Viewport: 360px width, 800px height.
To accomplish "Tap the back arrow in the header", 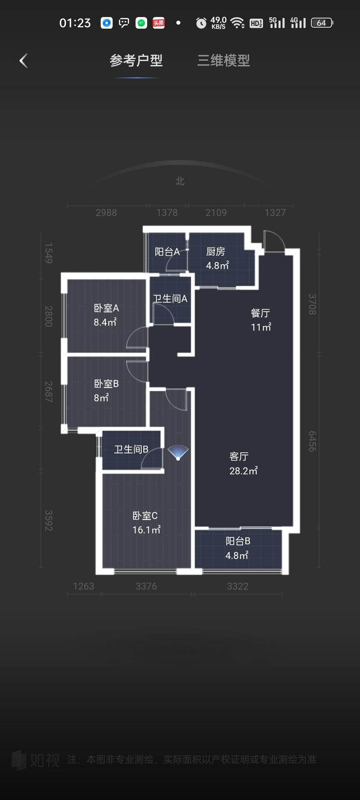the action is tap(23, 61).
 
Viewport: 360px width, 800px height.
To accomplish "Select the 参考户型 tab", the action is tap(136, 61).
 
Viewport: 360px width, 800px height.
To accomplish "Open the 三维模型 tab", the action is tap(224, 61).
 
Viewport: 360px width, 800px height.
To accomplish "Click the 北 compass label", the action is tap(180, 181).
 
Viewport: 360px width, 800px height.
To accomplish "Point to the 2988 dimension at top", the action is tap(106, 212).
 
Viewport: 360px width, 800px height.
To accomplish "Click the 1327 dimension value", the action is tap(275, 212).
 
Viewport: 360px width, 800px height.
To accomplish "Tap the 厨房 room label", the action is tap(215, 252).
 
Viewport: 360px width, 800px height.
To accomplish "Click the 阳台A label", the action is tap(167, 252).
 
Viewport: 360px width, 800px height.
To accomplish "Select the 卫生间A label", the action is tap(170, 299).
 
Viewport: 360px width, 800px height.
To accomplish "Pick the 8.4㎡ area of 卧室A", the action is tap(105, 322).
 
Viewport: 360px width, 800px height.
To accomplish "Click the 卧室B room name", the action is tap(106, 384).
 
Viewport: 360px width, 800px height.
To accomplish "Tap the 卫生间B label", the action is tap(131, 449).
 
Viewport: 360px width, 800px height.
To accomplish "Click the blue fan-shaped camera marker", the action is tap(178, 452).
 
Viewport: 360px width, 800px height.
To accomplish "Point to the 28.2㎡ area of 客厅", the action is tap(243, 471).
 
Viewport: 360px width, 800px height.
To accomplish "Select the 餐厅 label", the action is tap(260, 313).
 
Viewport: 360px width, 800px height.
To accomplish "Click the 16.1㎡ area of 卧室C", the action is tap(146, 530).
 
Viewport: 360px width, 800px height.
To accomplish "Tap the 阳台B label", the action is tap(238, 541).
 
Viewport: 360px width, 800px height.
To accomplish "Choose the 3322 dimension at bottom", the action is tap(237, 586).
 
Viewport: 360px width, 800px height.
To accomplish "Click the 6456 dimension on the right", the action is tap(312, 441).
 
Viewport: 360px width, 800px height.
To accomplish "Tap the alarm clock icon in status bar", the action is tap(201, 23).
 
